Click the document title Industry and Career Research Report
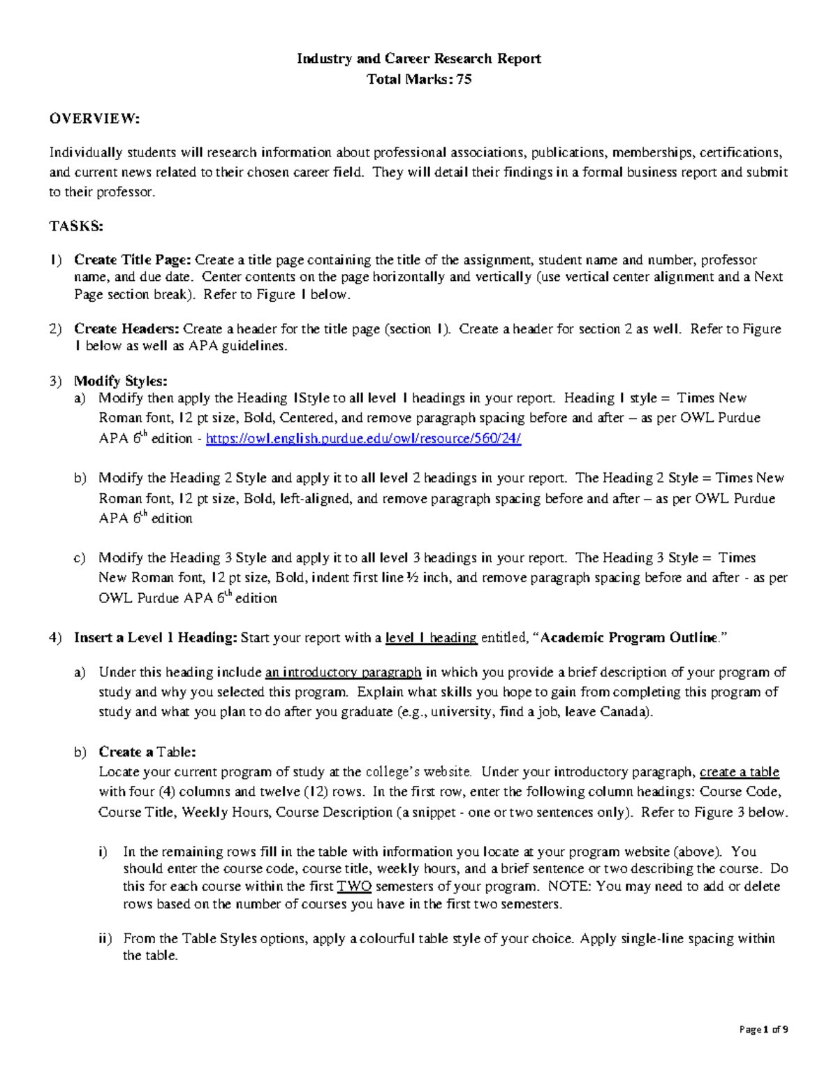tap(418, 59)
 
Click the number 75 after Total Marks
tap(464, 79)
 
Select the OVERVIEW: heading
tap(94, 119)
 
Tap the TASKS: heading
tap(76, 226)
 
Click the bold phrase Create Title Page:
tap(133, 260)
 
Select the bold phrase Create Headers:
tap(127, 328)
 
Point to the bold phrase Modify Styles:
tap(121, 381)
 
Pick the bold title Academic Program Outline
tap(628, 638)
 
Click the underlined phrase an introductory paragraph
tap(343, 672)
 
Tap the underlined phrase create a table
tap(739, 772)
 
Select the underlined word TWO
tap(354, 887)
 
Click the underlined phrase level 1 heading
tap(431, 638)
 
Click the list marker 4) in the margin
tap(55, 638)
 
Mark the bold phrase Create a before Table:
tap(126, 752)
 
